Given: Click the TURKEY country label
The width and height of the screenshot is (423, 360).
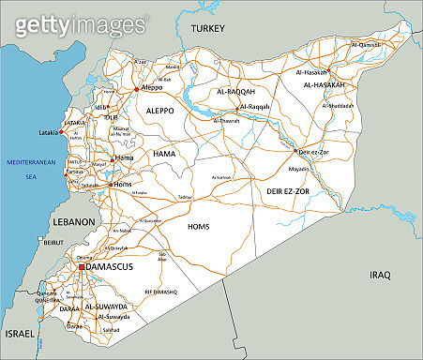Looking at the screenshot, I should tap(207, 29).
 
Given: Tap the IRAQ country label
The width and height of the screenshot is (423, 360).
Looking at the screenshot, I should tap(379, 275).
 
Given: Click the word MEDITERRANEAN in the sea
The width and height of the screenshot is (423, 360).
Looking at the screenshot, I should tap(32, 161).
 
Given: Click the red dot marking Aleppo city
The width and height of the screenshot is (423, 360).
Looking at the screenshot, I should tap(137, 89).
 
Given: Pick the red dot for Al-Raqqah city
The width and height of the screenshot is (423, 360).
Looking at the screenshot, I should tap(239, 107).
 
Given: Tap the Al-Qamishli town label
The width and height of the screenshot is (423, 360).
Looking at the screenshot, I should tap(366, 44).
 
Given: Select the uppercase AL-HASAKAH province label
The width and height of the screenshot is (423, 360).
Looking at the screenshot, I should tap(324, 84).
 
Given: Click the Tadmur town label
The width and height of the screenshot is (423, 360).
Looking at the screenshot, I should tap(186, 197).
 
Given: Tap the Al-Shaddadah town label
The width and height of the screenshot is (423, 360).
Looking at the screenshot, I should tap(337, 105).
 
